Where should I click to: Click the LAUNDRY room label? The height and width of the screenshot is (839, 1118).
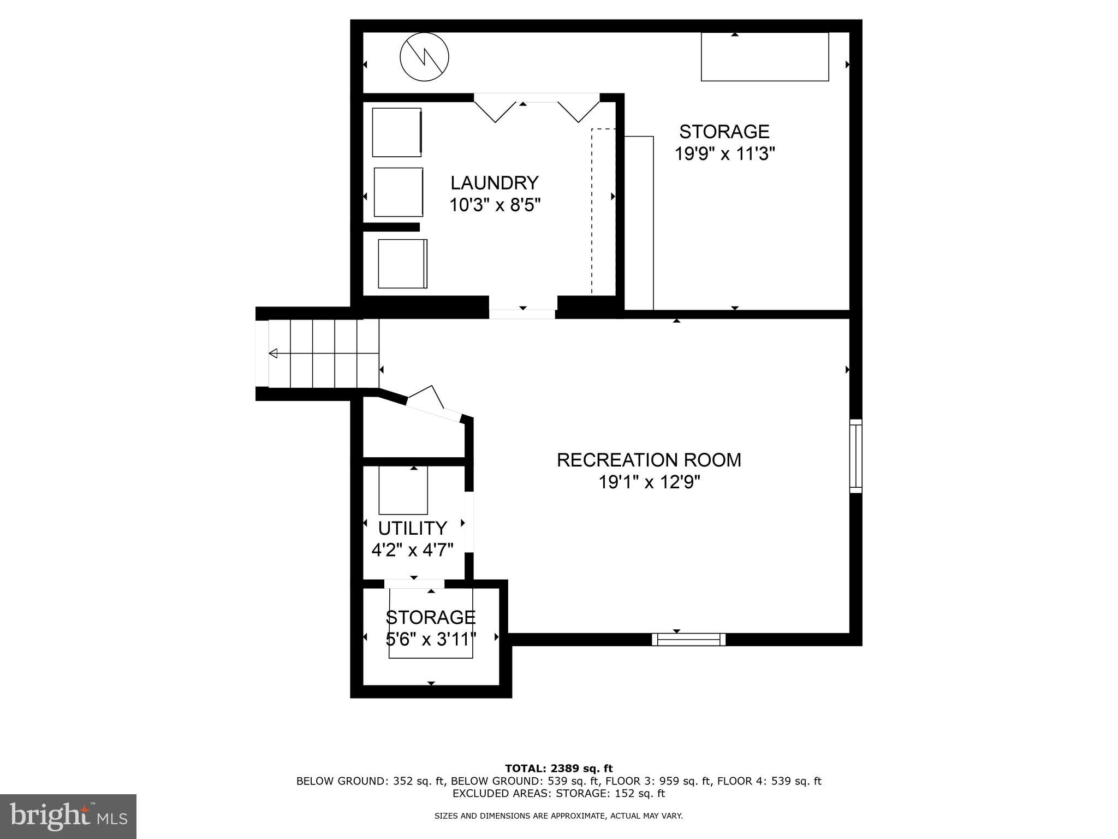point(494,182)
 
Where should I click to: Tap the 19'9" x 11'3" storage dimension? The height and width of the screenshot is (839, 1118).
point(724,155)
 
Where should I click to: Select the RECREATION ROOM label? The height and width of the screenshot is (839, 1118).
point(649,460)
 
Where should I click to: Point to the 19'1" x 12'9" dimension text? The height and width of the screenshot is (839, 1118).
point(649,483)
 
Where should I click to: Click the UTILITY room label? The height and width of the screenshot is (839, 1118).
point(413,528)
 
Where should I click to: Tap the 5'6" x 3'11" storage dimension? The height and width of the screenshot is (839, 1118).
point(431,639)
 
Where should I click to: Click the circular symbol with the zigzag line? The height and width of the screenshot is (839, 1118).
point(424,57)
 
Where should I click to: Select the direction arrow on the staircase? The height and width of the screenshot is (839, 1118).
point(273,353)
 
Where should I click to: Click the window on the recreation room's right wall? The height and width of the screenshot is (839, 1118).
point(855,456)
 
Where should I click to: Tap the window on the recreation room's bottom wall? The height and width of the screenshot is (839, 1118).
point(688,639)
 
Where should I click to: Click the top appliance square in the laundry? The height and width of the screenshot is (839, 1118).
point(397,132)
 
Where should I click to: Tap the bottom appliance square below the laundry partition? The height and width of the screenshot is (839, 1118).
point(402,264)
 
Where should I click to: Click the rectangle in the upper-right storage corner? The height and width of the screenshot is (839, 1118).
point(764,57)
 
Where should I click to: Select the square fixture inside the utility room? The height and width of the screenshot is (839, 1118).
point(403,490)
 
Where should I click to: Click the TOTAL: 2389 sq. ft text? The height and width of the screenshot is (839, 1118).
point(558,769)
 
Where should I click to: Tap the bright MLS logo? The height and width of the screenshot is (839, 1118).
point(68,817)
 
